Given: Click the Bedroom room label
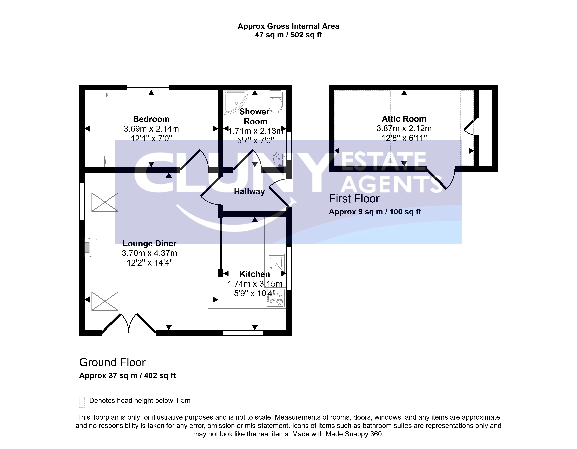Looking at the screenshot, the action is (x=151, y=119).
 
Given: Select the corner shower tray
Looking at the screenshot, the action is (x=235, y=102).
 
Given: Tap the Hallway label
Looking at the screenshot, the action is (x=249, y=192).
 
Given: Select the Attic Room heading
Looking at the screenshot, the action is (x=404, y=119).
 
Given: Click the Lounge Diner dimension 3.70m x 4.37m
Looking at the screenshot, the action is (x=150, y=253).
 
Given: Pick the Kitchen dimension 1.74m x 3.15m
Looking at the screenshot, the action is (x=255, y=284).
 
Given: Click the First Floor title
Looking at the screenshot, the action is (x=354, y=199).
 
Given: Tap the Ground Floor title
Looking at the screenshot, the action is (x=112, y=362).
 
